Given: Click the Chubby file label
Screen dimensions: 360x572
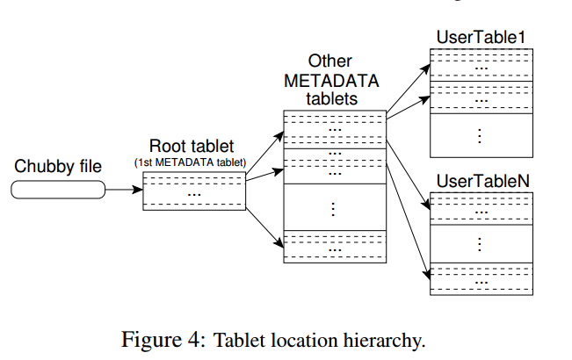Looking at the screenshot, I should point(58,166).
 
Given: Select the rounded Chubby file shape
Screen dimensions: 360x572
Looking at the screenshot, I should point(59,189).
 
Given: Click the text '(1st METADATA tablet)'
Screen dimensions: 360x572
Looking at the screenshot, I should point(192,162).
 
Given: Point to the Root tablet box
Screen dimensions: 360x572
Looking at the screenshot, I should point(193,190).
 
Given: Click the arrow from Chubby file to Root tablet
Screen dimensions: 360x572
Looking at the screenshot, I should point(123,189).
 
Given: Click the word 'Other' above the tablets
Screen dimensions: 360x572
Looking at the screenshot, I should point(330,61).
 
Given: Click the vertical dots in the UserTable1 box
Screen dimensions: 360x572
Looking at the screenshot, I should point(481,135).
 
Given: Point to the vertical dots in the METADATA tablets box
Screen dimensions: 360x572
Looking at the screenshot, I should point(334,208).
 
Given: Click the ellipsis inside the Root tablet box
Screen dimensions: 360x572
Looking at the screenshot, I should point(193,192).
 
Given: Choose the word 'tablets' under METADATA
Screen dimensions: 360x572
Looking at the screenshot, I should point(331,98).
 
